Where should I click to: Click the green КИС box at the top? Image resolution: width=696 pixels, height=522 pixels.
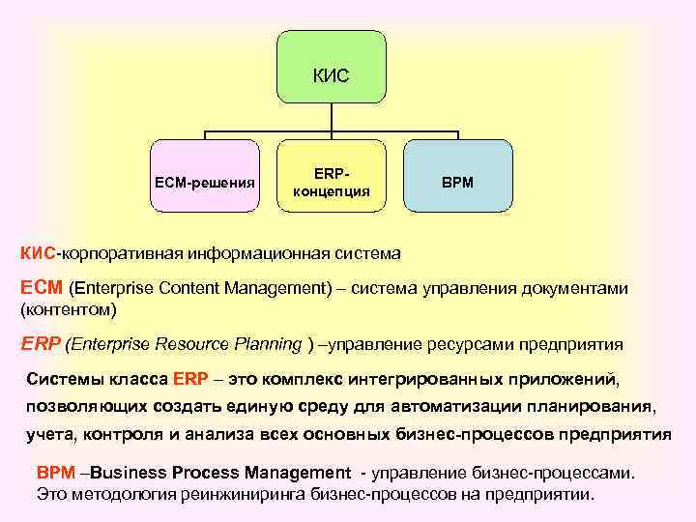click(x=332, y=66)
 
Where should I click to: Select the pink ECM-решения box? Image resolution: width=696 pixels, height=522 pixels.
click(x=205, y=176)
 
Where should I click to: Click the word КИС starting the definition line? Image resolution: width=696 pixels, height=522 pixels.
click(x=39, y=254)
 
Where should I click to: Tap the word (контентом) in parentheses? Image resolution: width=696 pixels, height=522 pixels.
click(x=68, y=309)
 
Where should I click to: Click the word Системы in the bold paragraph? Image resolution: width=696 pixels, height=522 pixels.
click(x=62, y=377)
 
